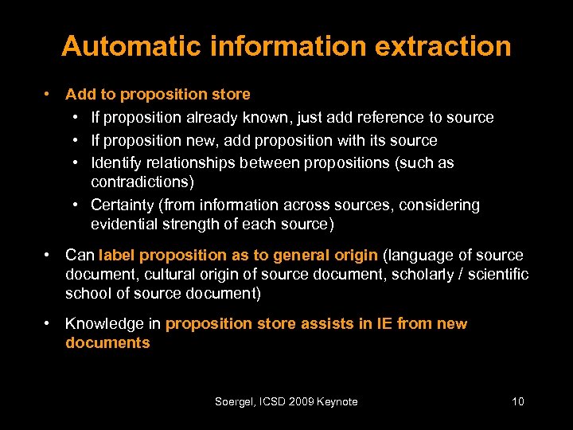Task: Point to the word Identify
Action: click(118, 163)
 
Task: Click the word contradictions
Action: click(137, 182)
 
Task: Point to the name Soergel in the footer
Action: click(236, 402)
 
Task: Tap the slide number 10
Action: click(517, 401)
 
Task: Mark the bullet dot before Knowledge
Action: click(49, 323)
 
